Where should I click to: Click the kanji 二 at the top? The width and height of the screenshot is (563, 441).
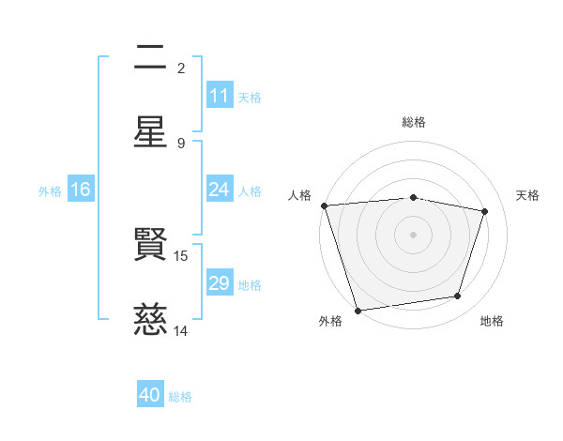point(150,60)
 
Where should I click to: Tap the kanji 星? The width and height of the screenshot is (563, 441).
point(150,131)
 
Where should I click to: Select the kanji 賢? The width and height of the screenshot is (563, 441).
point(150,249)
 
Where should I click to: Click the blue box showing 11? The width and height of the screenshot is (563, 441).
point(220,96)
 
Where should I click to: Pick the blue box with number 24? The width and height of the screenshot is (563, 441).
point(220,190)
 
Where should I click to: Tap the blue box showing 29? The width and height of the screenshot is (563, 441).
point(220,283)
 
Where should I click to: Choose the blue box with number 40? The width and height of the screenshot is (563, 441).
point(150,395)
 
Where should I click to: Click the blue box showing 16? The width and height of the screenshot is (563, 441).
point(81,190)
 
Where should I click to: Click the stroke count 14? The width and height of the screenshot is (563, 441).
point(182,330)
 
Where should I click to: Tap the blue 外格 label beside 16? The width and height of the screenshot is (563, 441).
point(50,190)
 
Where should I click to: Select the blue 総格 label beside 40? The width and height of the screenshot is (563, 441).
point(181,397)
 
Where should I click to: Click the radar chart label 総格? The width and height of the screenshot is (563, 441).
point(414,122)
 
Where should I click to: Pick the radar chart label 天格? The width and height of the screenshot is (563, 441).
point(528,195)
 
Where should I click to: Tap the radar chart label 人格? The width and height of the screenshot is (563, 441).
point(299,195)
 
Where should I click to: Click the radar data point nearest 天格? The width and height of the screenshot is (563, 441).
point(485,211)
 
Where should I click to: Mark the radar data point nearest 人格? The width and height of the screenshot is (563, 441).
point(324,205)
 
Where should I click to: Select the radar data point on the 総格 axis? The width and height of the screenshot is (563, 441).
point(414,197)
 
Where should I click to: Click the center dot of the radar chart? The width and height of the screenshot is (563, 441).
point(414,235)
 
